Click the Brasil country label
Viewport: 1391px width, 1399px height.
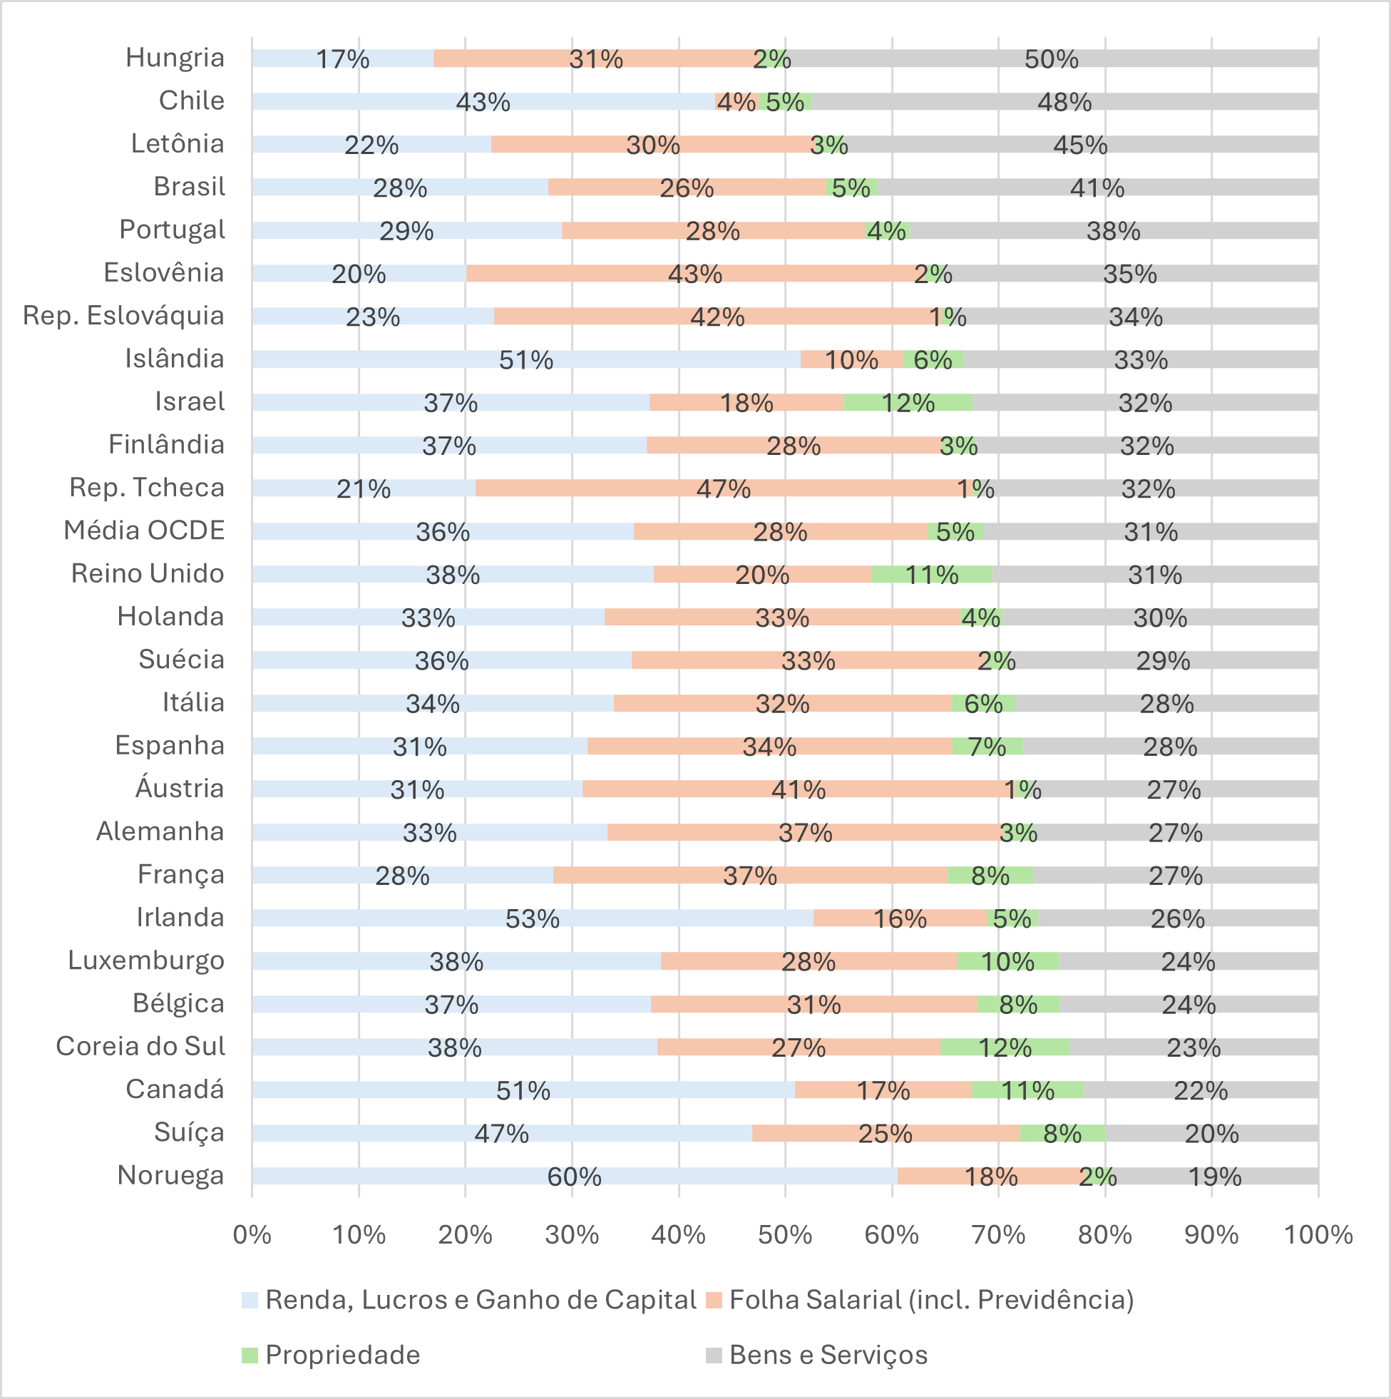189,187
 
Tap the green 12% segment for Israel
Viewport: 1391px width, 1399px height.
908,403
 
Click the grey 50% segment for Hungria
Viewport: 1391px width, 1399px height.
1052,58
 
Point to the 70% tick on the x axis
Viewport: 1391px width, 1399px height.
998,1234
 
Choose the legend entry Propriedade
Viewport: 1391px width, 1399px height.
342,1355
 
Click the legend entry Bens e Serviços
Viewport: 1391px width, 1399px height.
828,1355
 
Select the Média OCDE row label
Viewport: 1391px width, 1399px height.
144,531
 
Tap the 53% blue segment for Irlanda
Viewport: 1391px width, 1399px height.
532,918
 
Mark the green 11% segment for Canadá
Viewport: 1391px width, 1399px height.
1027,1090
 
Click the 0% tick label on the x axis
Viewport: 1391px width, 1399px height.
252,1234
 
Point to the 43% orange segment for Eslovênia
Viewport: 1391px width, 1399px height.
694,274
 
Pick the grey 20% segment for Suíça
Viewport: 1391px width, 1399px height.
1211,1133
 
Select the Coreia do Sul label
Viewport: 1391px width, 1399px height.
140,1046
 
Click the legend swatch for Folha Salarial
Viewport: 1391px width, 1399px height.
714,1301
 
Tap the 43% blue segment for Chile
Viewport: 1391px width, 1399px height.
483,102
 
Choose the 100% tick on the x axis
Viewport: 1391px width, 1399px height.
1318,1234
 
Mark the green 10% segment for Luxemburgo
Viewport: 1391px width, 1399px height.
1007,962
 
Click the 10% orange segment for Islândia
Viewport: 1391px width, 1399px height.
851,360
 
